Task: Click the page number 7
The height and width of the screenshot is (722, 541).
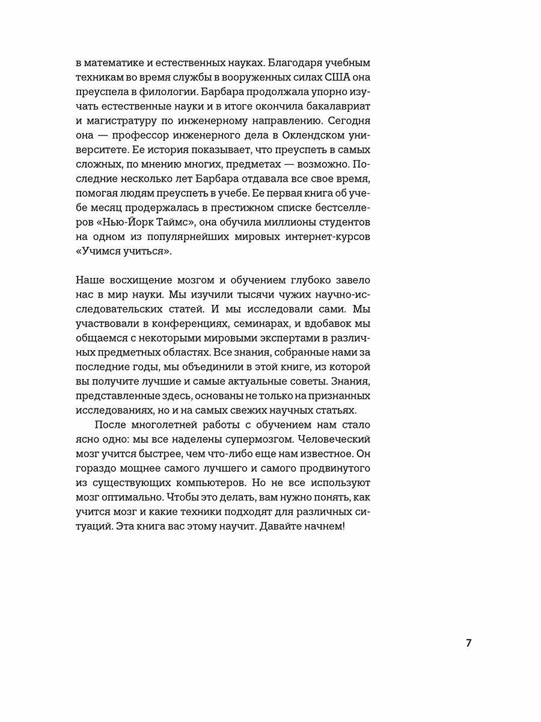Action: [468, 643]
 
